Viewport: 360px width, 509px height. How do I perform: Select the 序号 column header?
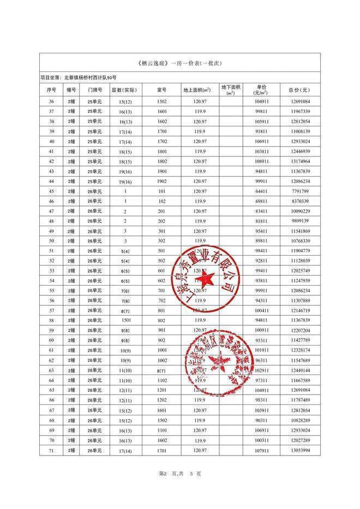52,90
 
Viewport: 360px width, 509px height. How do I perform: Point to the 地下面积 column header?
231,89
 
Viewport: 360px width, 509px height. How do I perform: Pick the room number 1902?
162,181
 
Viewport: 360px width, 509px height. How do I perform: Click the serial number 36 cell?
52,102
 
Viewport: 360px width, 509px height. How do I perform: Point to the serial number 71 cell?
52,450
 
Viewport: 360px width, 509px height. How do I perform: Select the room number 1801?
162,151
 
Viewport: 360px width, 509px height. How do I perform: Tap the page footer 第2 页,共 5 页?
180,474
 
